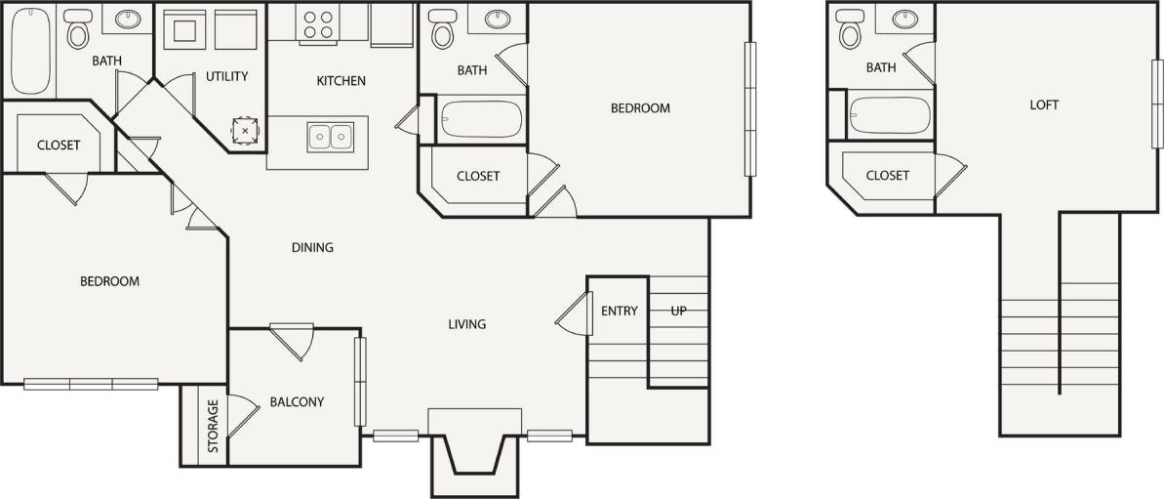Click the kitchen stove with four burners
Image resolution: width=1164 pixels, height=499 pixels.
[317, 24]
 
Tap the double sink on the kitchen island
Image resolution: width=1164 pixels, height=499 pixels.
[331, 137]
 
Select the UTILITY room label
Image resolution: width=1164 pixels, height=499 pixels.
[226, 76]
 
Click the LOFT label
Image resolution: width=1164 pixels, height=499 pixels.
[1044, 104]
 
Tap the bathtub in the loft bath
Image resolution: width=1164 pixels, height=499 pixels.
[888, 114]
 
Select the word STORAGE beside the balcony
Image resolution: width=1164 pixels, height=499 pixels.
[213, 427]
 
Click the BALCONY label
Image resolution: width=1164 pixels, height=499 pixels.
[297, 401]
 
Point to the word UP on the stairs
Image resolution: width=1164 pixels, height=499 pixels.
[679, 312]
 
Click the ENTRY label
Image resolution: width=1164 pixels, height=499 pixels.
[620, 312]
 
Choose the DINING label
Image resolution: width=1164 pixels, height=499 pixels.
[312, 247]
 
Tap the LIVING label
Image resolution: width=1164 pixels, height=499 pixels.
[466, 324]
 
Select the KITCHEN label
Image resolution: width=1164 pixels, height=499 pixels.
[341, 80]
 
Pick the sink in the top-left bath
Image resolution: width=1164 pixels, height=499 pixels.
[127, 20]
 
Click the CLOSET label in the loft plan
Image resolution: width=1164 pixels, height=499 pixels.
[888, 176]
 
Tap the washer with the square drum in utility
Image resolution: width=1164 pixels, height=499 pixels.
[182, 29]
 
